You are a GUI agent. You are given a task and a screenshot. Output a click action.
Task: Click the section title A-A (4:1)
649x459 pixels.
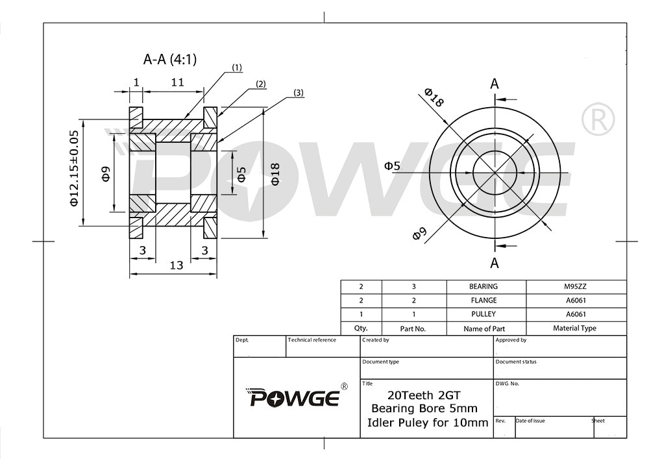[x=169, y=60]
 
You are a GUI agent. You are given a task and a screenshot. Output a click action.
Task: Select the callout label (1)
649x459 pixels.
[x=236, y=68]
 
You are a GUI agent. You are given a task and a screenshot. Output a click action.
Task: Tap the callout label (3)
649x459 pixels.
[x=298, y=93]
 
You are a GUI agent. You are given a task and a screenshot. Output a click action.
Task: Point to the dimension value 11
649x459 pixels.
[x=177, y=82]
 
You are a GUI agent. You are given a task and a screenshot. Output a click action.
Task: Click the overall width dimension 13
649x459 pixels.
[x=176, y=265]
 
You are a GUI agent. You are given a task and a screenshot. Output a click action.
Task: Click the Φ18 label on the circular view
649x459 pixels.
[x=434, y=97]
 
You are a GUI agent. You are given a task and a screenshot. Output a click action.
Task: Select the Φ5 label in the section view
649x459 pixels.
[x=241, y=173]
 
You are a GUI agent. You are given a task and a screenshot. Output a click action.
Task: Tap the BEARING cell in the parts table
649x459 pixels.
[x=484, y=286]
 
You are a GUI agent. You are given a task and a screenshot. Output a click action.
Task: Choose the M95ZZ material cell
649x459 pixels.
[x=576, y=286]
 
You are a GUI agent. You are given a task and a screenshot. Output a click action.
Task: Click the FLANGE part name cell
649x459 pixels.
[x=484, y=301]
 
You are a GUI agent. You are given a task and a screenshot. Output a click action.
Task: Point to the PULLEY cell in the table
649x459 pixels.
[x=484, y=314]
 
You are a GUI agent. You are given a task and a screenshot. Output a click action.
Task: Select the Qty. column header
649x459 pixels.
[x=361, y=329]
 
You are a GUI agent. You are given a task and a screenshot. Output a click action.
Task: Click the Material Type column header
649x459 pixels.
[x=574, y=329]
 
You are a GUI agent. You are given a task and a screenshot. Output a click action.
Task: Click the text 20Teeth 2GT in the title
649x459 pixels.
[x=424, y=395]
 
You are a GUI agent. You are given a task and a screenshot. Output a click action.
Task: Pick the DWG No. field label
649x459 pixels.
[x=508, y=384]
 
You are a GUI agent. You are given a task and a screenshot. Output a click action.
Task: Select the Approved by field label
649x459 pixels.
[x=511, y=340]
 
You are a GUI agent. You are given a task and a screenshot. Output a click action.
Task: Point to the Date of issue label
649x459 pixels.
[x=530, y=421]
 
